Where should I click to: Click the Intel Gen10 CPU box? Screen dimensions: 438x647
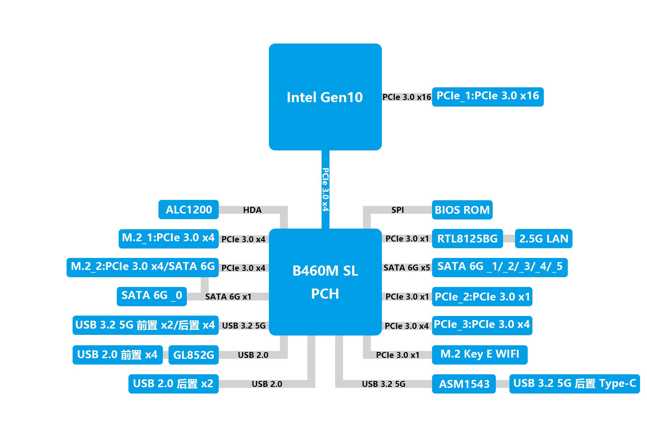click(x=325, y=97)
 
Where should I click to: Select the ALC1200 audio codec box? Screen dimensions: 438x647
click(x=188, y=209)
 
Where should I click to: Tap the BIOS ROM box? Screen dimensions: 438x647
click(x=462, y=210)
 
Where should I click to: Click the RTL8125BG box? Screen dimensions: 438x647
click(x=467, y=239)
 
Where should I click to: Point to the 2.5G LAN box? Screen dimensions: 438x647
click(x=543, y=239)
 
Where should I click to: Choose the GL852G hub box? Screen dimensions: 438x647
click(x=193, y=355)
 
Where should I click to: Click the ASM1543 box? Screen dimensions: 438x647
click(x=464, y=384)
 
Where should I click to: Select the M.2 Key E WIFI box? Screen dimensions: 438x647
click(x=479, y=354)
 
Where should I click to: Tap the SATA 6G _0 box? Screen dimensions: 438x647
click(x=151, y=296)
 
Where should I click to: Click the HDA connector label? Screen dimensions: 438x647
click(x=252, y=210)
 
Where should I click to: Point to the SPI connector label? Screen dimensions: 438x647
click(x=397, y=210)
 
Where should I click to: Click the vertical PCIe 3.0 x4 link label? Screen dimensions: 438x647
click(x=325, y=189)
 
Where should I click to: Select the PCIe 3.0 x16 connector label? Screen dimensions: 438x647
click(x=407, y=97)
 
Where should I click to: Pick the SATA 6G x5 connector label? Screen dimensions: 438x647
click(x=407, y=268)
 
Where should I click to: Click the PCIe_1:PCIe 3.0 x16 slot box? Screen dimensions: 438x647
click(x=487, y=96)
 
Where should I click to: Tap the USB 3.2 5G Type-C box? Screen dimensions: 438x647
click(x=574, y=383)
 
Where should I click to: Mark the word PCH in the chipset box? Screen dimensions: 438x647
click(x=325, y=294)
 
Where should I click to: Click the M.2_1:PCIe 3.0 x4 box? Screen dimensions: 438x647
click(x=168, y=238)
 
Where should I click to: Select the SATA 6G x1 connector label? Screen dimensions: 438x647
click(x=228, y=297)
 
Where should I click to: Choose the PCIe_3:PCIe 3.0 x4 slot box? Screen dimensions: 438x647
click(x=482, y=325)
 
